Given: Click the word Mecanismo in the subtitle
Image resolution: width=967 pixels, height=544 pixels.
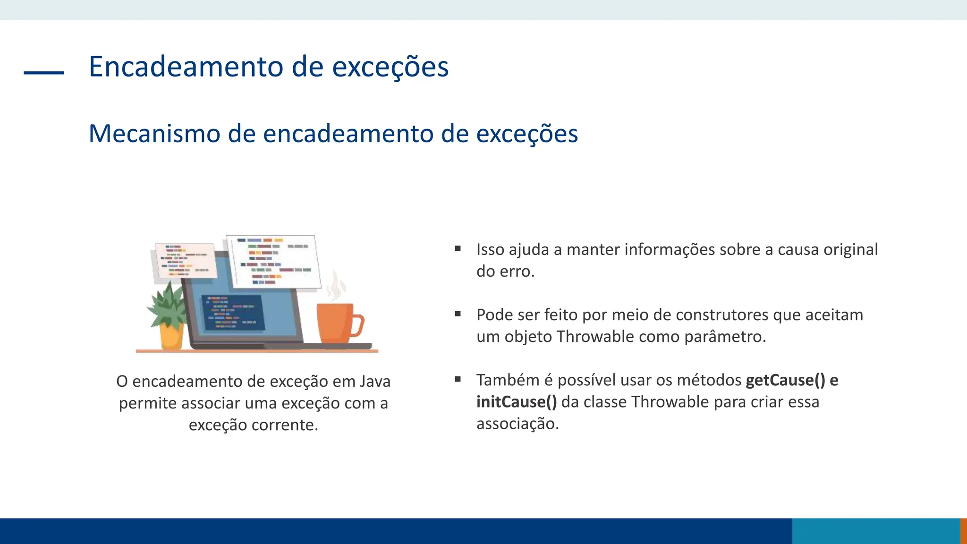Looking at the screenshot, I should (154, 134).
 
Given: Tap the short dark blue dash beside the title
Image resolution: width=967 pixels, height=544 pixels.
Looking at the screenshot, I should (43, 72).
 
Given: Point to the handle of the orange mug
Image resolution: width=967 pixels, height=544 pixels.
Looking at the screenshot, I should (357, 325).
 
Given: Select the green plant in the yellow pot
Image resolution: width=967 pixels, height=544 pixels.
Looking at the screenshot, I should (166, 305).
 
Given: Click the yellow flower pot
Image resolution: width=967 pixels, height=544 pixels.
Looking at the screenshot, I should (171, 336).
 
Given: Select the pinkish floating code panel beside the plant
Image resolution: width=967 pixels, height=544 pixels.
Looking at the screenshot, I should (185, 260).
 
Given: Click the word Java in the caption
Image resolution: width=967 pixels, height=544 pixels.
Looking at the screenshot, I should (375, 381).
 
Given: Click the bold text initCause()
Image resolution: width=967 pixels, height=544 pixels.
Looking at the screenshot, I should (516, 402).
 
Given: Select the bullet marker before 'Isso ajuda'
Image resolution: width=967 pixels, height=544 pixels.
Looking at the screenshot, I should (458, 248).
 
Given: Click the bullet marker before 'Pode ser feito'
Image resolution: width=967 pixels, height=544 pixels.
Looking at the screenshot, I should (458, 314).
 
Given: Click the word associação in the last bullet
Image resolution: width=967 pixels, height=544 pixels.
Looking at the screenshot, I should (517, 424).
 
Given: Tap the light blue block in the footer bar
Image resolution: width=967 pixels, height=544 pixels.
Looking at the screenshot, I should (875, 531).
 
